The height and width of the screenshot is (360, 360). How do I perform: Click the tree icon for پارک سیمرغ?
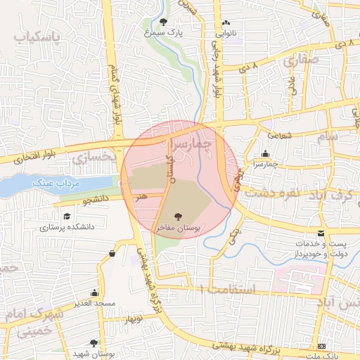pos(164,22)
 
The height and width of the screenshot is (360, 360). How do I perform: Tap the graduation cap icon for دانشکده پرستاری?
pos(67,217)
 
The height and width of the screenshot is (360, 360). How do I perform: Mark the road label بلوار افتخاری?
pos(33,157)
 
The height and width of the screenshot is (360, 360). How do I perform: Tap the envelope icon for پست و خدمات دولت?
pos(321,233)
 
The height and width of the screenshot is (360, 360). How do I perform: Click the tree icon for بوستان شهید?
pos(94,344)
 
